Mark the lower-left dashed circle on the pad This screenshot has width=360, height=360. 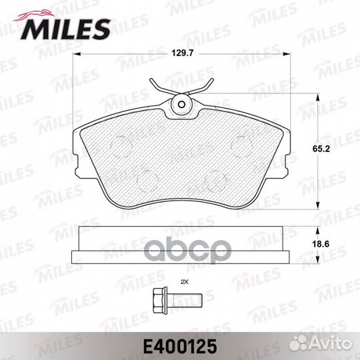[145, 179]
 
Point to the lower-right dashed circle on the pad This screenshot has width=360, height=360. [215, 179]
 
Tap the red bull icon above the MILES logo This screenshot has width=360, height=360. [41, 12]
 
